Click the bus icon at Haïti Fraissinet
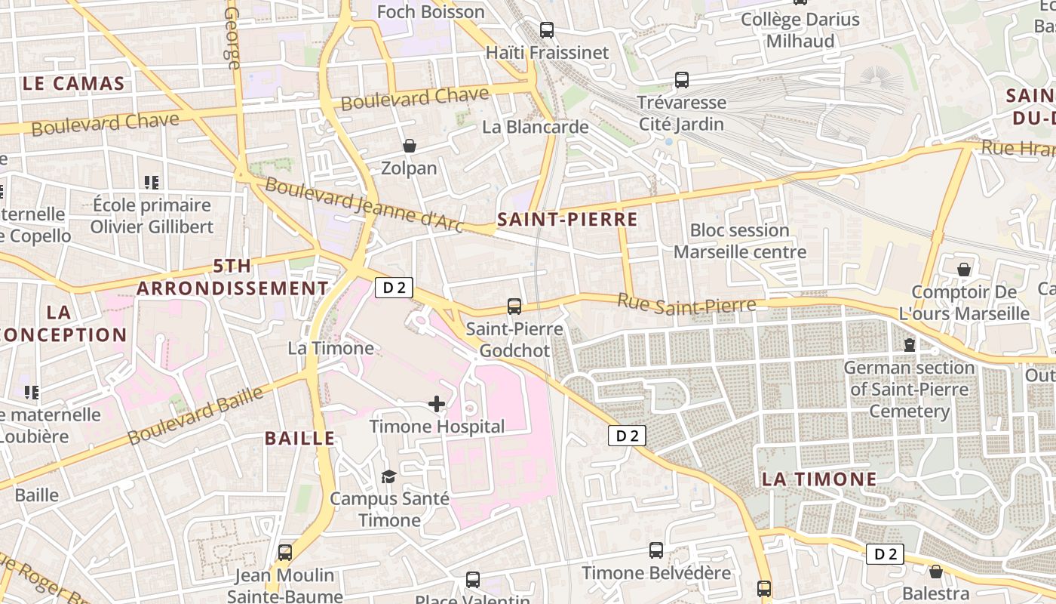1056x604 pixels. [547, 30]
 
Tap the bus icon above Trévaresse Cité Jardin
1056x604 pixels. [682, 79]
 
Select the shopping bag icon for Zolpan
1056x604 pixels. [410, 145]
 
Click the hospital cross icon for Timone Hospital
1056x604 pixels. [437, 404]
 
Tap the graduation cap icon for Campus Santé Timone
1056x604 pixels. [388, 476]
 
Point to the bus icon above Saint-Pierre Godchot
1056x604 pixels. [514, 306]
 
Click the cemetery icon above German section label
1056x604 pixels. [910, 345]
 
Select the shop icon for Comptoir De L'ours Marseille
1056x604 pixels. [964, 270]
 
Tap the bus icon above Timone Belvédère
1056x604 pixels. [656, 550]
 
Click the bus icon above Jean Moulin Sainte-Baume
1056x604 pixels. [284, 553]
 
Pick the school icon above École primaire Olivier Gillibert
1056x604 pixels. [152, 182]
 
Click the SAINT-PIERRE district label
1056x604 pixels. [567, 220]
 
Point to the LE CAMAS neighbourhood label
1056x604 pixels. [73, 84]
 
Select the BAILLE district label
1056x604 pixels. [299, 439]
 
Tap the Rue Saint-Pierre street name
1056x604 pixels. [686, 304]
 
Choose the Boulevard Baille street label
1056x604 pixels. [195, 416]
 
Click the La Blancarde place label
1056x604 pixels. [536, 127]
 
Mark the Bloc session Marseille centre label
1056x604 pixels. [739, 241]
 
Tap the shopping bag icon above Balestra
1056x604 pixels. [936, 572]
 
